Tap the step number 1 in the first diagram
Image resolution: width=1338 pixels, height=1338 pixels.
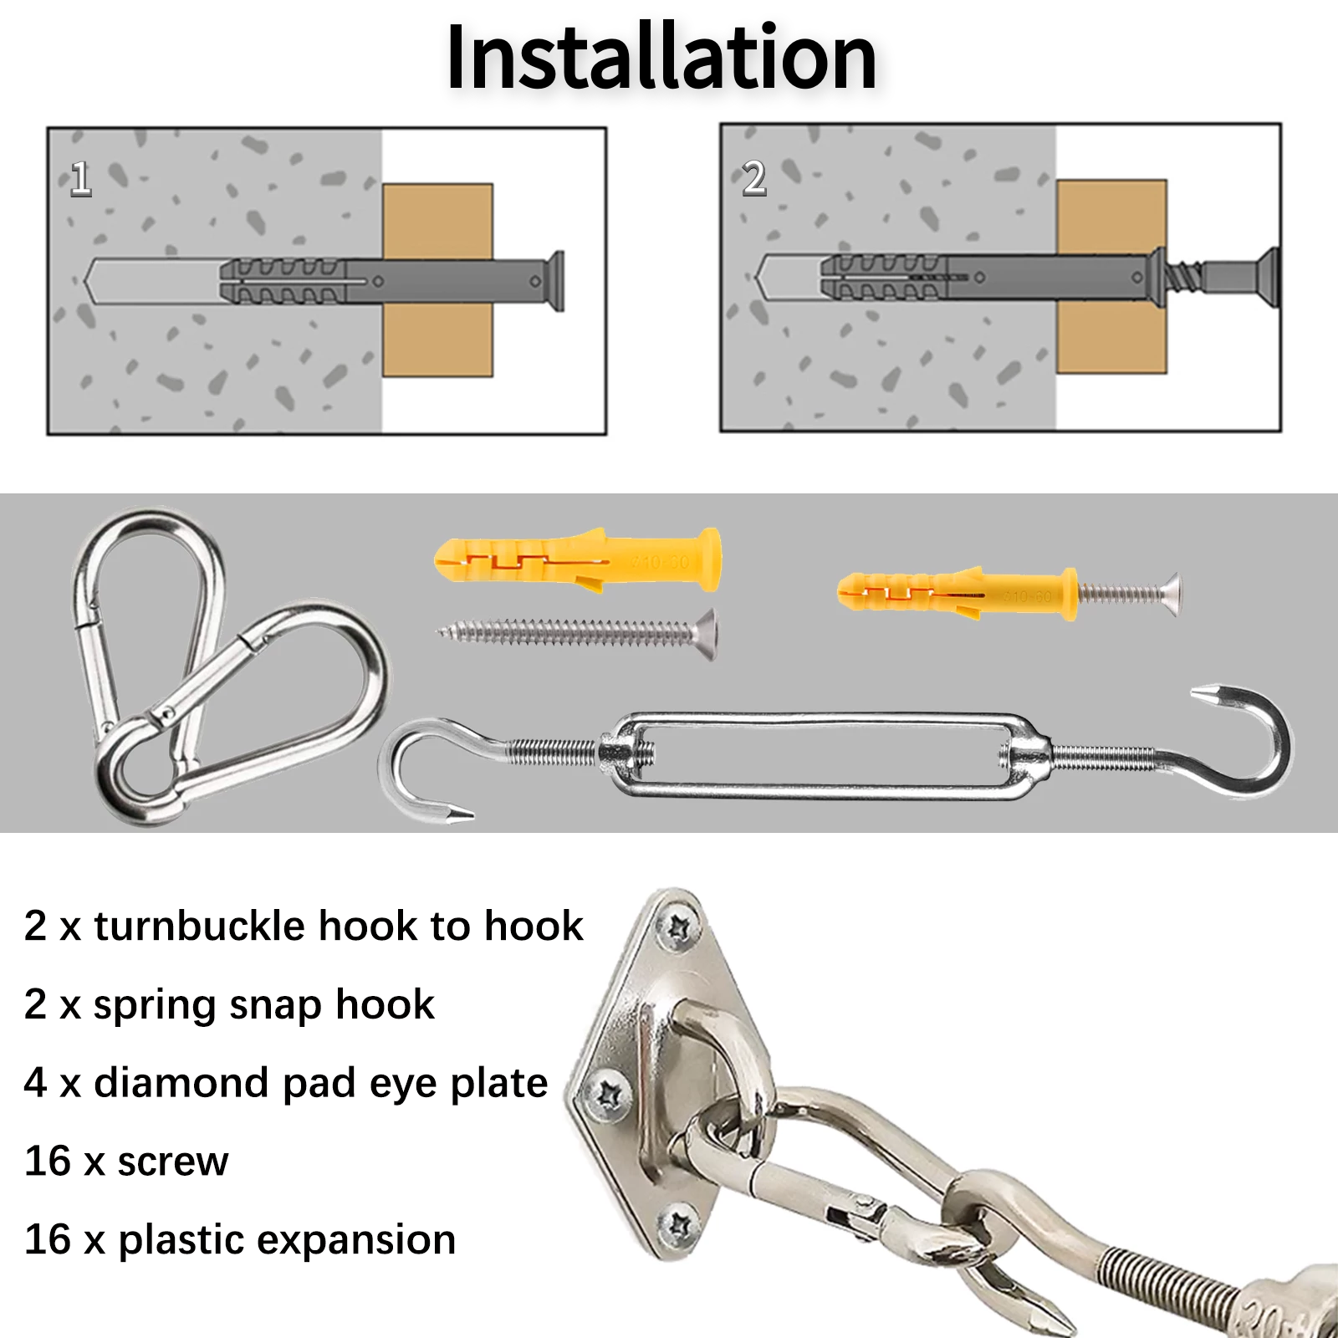coord(80,179)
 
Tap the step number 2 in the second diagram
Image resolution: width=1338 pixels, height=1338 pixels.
coord(753,179)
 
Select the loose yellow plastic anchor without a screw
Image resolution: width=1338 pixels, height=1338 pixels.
coord(577,559)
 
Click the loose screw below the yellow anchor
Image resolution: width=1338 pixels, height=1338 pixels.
coord(577,633)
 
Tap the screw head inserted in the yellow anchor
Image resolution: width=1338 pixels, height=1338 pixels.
coord(1171,594)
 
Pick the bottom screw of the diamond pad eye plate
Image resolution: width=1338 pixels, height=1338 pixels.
coord(679,1227)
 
